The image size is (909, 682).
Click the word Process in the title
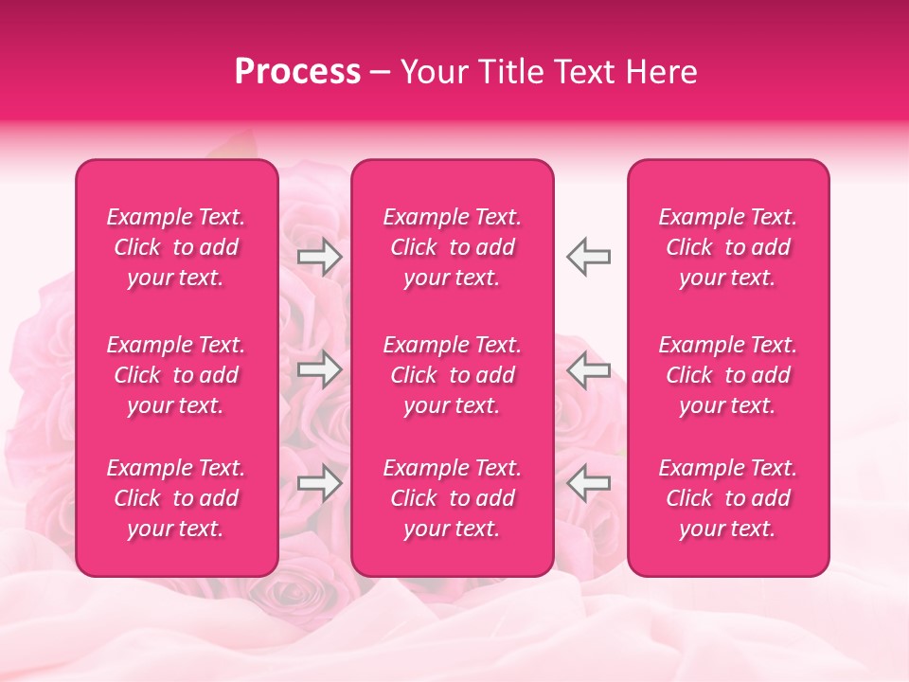297,72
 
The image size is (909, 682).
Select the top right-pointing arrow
319,257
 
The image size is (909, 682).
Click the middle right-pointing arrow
319,369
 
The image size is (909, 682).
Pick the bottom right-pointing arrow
319,483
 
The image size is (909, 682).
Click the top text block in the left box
176,247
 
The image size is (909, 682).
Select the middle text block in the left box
176,375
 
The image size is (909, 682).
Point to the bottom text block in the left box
176,498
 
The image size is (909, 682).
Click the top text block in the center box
452,247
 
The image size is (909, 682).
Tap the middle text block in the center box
452,375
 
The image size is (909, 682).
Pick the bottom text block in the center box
452,498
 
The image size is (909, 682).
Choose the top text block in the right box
727,247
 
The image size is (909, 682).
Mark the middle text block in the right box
727,375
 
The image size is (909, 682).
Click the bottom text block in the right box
727,498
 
